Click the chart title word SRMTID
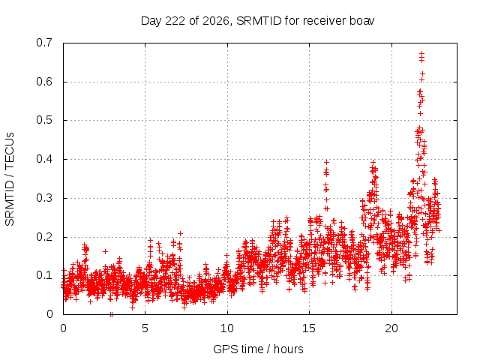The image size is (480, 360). (x=259, y=21)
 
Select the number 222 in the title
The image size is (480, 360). (x=175, y=21)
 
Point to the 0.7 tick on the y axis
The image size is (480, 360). (x=44, y=43)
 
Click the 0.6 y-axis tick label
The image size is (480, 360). (x=44, y=82)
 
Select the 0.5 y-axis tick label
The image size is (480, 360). (x=44, y=120)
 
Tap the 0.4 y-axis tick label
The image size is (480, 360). (x=44, y=159)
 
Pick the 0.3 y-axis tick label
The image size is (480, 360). (x=44, y=198)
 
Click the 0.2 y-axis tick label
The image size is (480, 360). (x=44, y=237)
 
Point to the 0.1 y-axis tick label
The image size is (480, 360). (x=44, y=275)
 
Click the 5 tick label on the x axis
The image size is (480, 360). (x=145, y=328)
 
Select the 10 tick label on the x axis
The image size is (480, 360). (x=227, y=328)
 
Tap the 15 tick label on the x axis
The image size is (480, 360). (x=309, y=328)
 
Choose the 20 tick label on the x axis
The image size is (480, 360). (x=391, y=328)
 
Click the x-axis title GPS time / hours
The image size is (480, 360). (x=258, y=349)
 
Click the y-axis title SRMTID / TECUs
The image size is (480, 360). (x=10, y=179)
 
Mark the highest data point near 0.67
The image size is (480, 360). (x=421, y=54)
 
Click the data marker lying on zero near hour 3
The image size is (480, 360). (x=111, y=314)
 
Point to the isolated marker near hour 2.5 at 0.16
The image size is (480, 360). (x=105, y=251)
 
